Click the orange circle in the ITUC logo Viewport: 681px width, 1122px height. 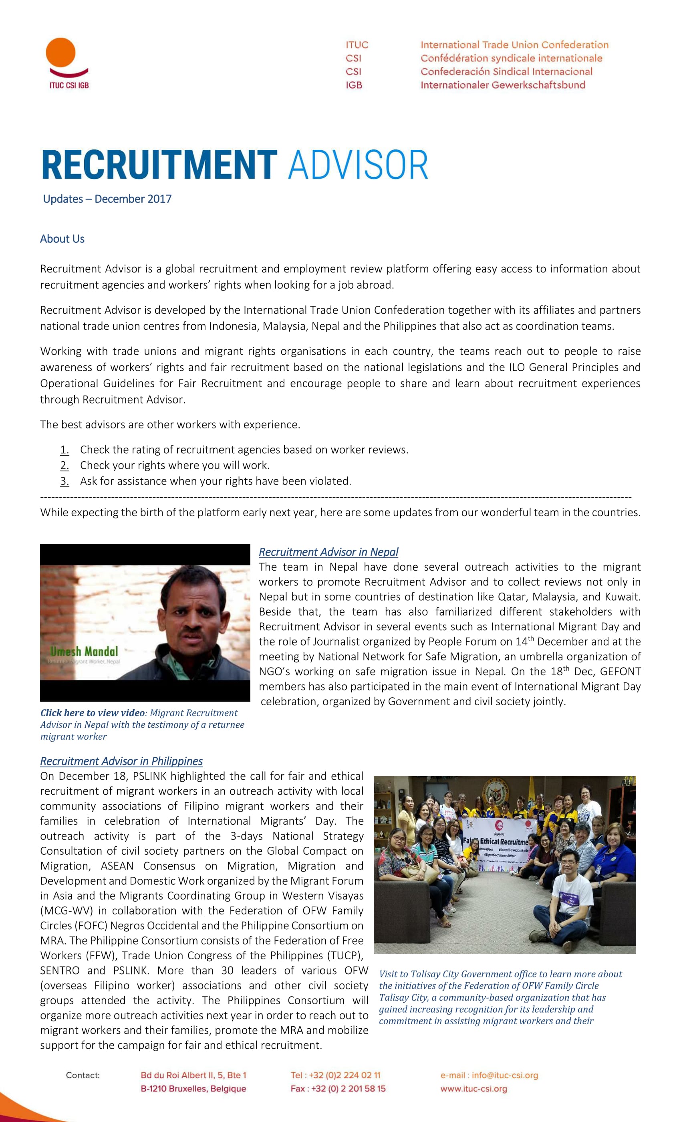(x=60, y=52)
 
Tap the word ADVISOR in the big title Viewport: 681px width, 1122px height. (x=358, y=165)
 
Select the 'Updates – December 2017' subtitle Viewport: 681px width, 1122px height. (x=107, y=199)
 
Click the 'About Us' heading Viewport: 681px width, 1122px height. (x=62, y=238)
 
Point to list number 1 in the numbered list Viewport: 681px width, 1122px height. (x=64, y=450)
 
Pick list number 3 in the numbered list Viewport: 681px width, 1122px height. (x=64, y=481)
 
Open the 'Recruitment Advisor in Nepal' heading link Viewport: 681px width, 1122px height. (x=328, y=552)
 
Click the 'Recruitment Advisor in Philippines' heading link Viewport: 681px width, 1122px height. (x=121, y=761)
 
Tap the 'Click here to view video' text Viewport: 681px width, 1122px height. (x=93, y=712)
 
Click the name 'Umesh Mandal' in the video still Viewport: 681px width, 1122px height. (x=84, y=651)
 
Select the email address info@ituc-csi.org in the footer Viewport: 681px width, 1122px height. (x=504, y=1075)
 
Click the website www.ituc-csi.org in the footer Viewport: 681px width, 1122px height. (x=473, y=1089)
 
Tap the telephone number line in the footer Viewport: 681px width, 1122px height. (x=336, y=1075)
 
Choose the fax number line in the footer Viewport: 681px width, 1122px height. (x=338, y=1089)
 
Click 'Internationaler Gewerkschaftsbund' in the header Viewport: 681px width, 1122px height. (x=503, y=85)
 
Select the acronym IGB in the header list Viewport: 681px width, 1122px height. (x=354, y=85)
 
